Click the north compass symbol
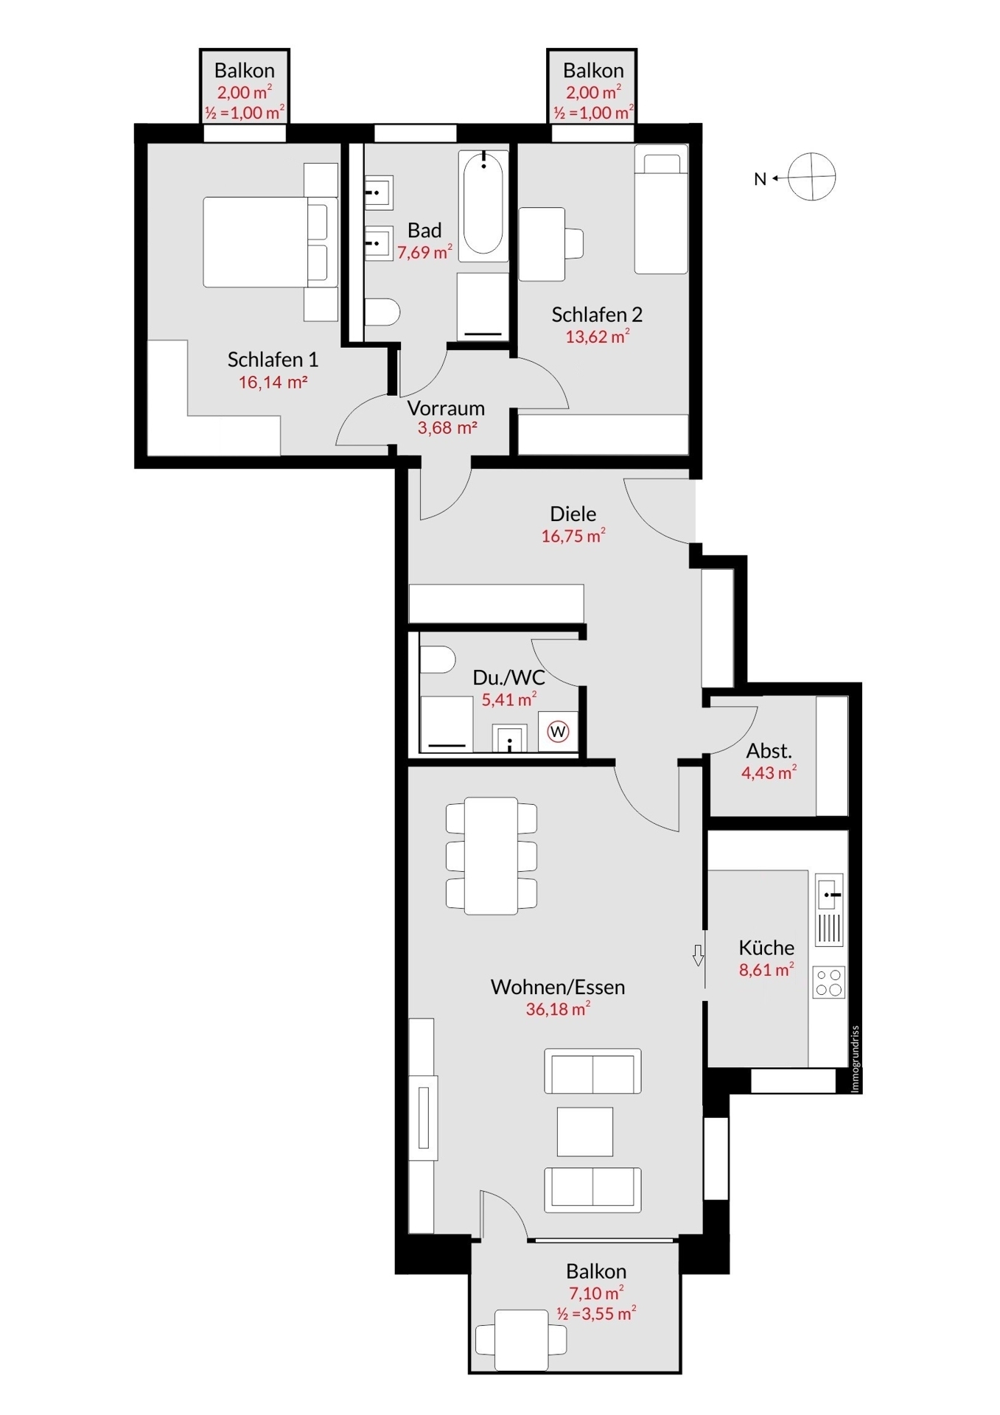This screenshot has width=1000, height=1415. click(811, 177)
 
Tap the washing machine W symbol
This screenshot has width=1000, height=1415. click(558, 732)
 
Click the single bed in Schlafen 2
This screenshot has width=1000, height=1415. click(661, 209)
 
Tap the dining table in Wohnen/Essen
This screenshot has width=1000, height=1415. click(491, 856)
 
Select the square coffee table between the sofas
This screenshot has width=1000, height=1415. click(585, 1131)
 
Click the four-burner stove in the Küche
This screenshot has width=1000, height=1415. click(828, 982)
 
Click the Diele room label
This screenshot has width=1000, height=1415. click(573, 514)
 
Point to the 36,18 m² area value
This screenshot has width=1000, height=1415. click(558, 1009)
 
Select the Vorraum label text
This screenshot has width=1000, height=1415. click(446, 408)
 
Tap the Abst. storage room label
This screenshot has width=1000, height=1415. click(769, 751)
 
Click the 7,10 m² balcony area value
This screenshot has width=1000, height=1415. click(596, 1293)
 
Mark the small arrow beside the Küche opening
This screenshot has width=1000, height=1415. click(698, 955)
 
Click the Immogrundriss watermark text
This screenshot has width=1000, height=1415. click(855, 1058)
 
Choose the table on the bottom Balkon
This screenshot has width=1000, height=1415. click(521, 1341)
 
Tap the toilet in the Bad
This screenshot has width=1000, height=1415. click(382, 312)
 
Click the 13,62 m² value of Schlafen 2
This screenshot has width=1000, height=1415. click(598, 337)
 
